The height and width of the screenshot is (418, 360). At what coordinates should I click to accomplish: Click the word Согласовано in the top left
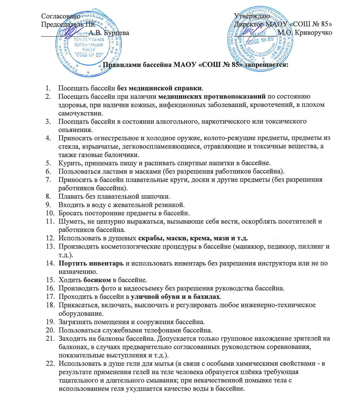[60, 16]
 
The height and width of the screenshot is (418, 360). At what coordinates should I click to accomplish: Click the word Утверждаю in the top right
[252, 16]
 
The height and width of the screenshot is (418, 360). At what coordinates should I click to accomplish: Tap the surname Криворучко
[314, 32]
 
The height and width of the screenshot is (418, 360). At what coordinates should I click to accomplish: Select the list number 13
[50, 247]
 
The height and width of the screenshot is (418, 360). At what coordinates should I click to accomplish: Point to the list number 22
[50, 364]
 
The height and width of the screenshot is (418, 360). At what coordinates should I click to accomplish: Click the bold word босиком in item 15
[97, 280]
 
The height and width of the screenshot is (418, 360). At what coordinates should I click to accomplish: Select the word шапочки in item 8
[155, 197]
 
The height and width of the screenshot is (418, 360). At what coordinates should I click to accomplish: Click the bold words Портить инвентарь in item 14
[91, 263]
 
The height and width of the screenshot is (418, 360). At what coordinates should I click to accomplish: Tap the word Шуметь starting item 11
[69, 221]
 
